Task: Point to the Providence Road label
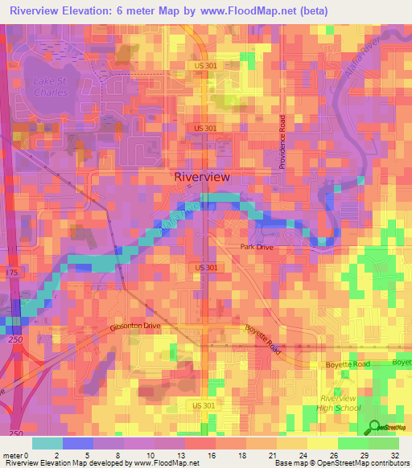(x=282, y=141)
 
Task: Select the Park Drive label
(x=257, y=248)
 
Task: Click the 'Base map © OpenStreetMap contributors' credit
(x=340, y=463)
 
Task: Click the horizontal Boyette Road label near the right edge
(x=348, y=364)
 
